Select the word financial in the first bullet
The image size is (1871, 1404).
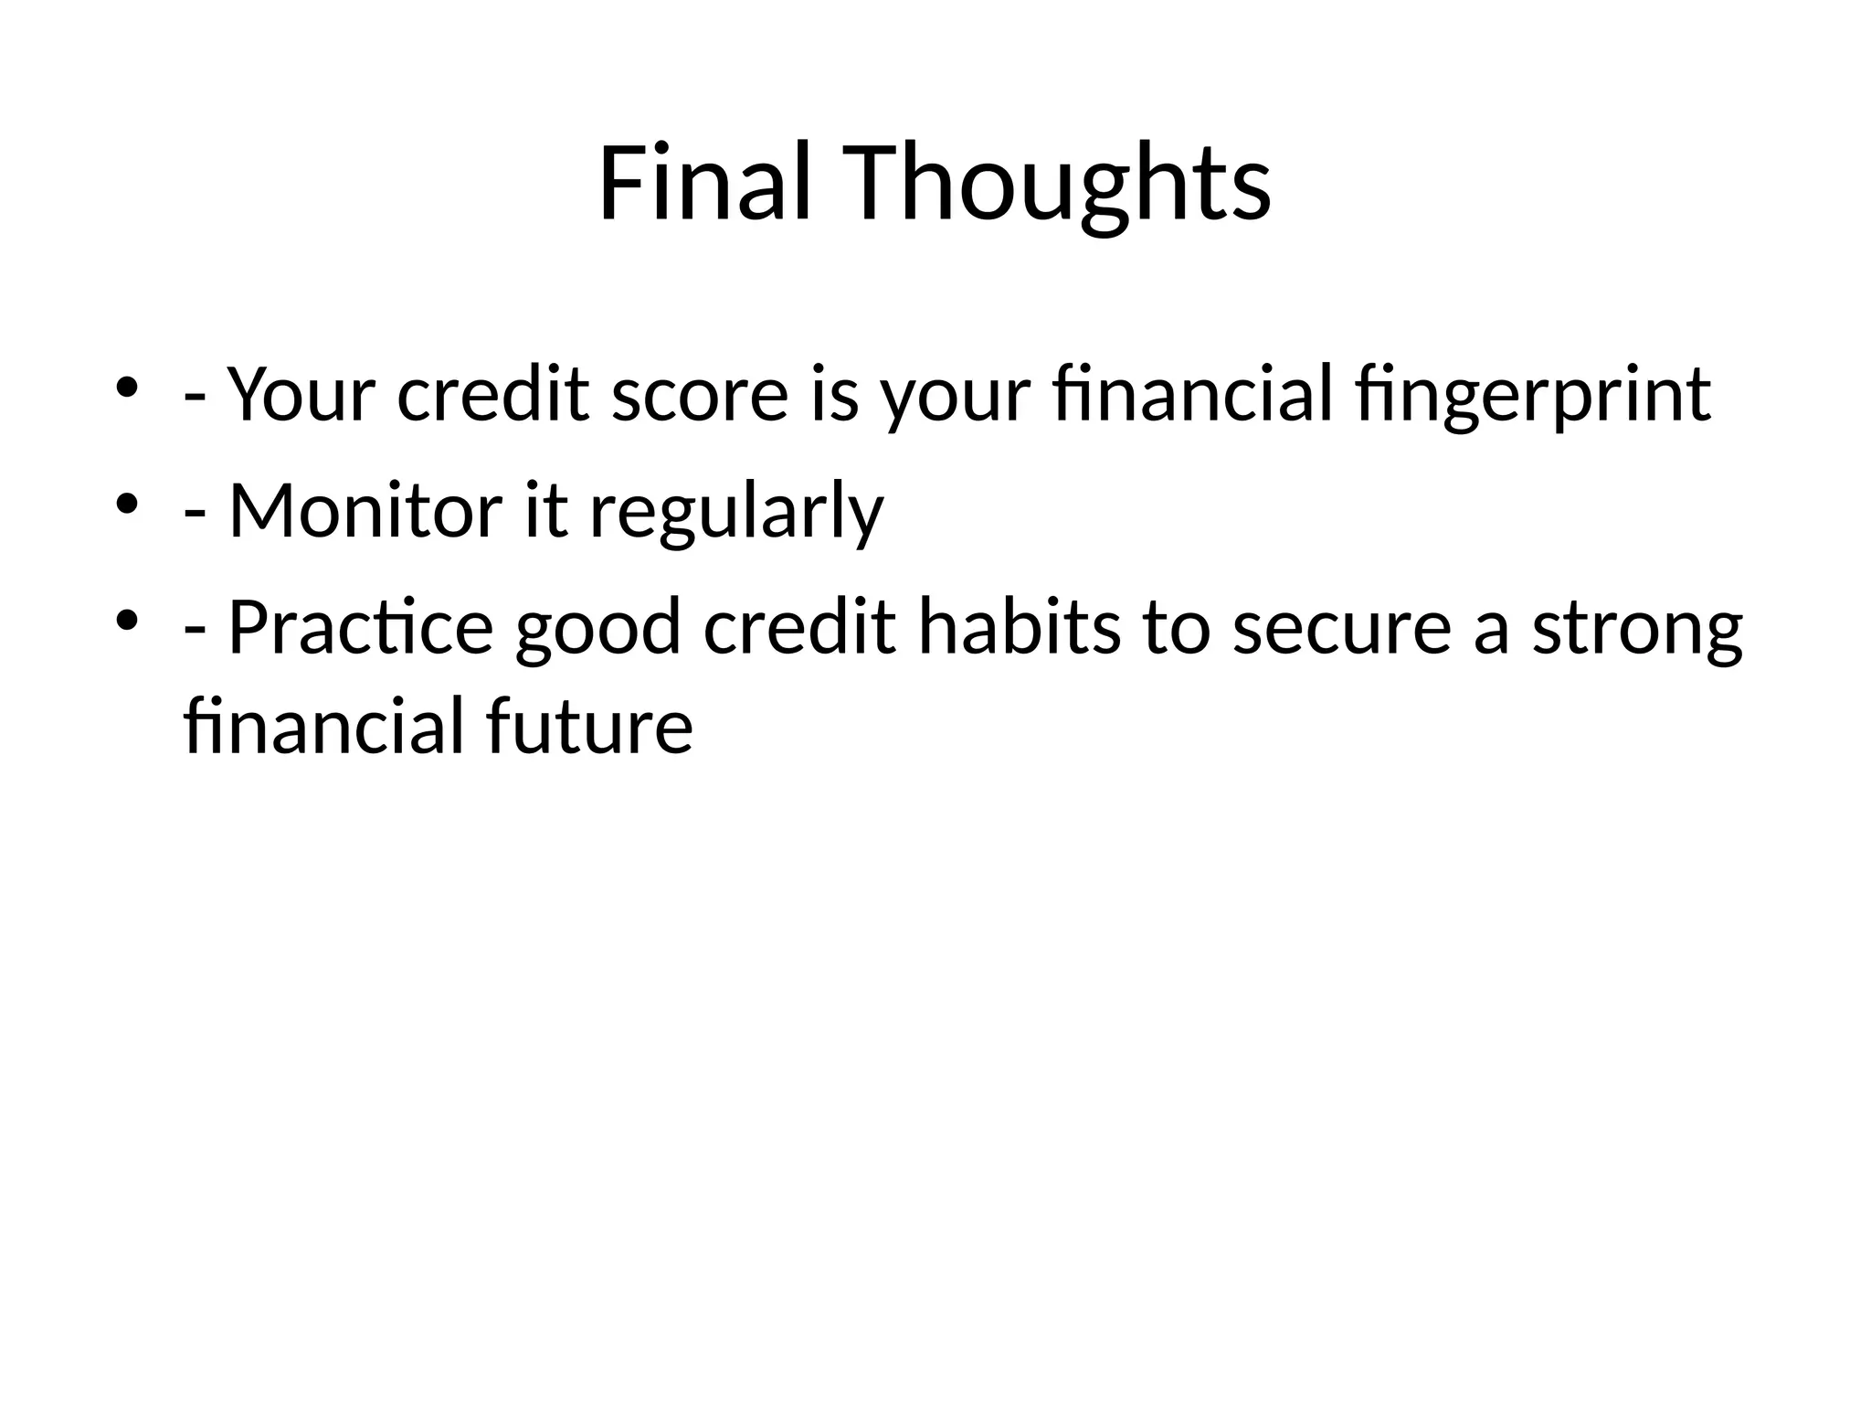(1192, 395)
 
